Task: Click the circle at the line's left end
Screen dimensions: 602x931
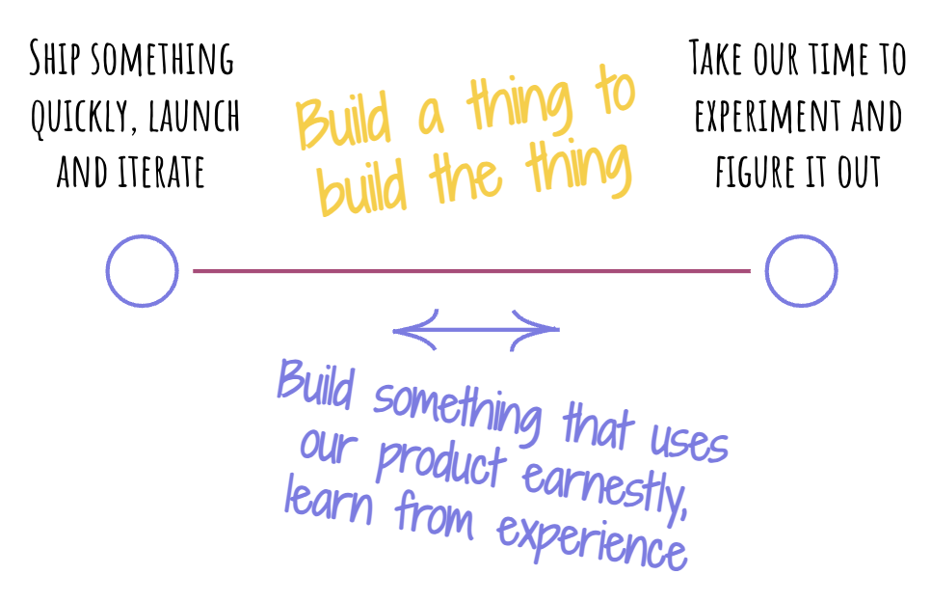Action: click(x=142, y=271)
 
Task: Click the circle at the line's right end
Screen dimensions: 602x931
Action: click(x=801, y=271)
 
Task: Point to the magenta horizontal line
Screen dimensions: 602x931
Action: click(x=471, y=271)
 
